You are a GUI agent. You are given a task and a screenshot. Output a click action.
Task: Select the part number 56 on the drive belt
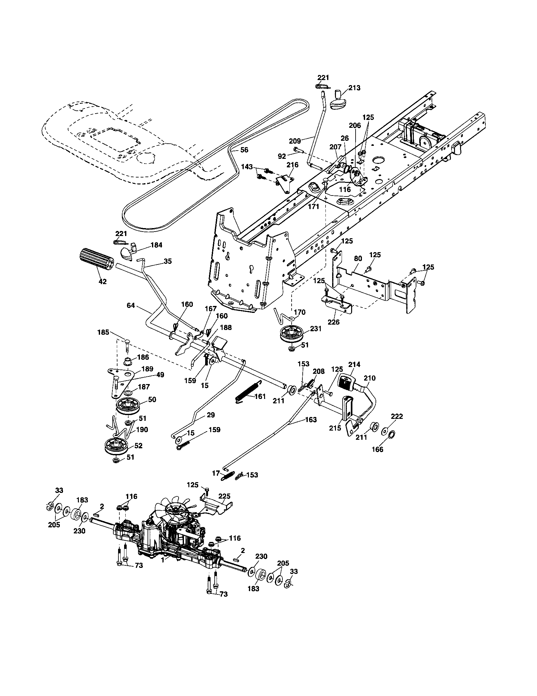pos(244,150)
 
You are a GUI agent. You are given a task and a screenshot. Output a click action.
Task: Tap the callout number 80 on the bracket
pos(358,258)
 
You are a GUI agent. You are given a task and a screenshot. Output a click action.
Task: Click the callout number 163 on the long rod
pos(311,420)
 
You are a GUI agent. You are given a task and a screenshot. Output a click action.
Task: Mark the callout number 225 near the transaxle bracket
pos(224,496)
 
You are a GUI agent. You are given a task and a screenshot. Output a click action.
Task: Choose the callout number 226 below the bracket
pos(334,322)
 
